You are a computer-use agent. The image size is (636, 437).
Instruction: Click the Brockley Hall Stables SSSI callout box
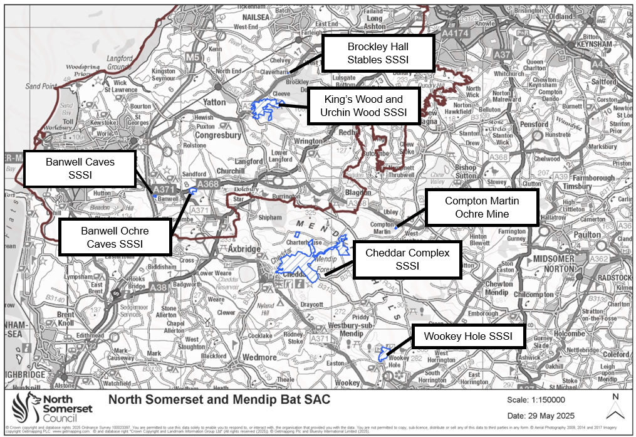coord(378,53)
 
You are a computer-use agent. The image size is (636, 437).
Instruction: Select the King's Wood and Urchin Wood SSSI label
coord(363,106)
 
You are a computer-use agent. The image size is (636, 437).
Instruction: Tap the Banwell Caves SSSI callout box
coord(80,169)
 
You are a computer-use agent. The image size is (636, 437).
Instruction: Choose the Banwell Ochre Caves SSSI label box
coord(115,237)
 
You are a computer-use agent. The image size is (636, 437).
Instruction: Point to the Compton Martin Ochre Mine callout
coord(482,208)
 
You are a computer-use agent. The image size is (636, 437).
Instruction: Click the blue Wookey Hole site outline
coord(384,353)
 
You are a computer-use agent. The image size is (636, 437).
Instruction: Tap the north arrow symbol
coord(615,407)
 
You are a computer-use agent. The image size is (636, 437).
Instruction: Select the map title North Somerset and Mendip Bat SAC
coord(219,399)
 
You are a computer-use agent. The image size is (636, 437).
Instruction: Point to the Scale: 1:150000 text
coord(536,399)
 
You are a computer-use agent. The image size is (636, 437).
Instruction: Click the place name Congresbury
coord(218,134)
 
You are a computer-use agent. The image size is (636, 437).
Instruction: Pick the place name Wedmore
coord(259,357)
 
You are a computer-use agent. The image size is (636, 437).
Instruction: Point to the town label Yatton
coord(214,102)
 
